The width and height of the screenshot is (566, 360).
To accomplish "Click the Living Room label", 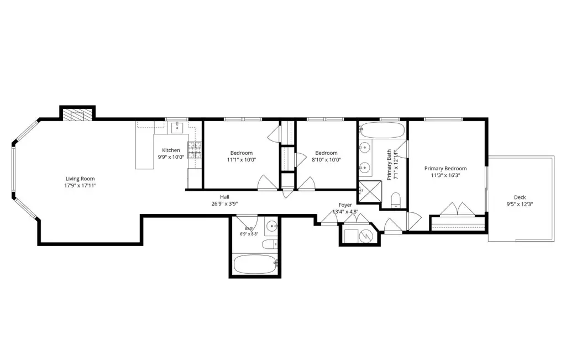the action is pos(80,179).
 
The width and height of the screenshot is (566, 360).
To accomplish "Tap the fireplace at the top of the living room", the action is pos(77,115).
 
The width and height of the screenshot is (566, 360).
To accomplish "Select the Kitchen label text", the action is pos(171,150).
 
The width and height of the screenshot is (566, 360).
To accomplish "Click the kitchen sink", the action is pos(177,127).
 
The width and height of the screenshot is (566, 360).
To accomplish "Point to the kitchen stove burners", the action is pos(194,150).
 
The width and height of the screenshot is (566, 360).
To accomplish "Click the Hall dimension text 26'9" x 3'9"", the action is pos(224,204).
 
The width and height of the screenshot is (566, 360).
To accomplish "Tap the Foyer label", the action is pos(345,205).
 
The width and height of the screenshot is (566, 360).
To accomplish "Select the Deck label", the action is pos(520,197).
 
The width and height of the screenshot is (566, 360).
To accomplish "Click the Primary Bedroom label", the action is pos(446,169).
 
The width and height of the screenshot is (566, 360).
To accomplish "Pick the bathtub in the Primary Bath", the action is pos(382,130).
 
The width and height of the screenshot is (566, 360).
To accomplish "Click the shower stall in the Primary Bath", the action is pos(369,191).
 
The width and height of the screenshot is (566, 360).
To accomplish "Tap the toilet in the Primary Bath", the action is pos(396,200).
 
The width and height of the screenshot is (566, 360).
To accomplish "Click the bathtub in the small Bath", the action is pos(255,265).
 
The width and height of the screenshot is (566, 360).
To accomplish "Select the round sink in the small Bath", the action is pos(272,226).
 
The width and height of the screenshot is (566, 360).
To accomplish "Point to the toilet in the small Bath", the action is pos(269,244).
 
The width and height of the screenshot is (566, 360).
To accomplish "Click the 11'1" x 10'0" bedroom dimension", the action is pos(242,160).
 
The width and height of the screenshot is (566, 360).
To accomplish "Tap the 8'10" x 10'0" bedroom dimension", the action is pos(326,160).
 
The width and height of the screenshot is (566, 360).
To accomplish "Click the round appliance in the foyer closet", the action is pos(366,236).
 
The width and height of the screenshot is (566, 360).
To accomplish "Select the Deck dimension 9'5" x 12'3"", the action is pos(520,204).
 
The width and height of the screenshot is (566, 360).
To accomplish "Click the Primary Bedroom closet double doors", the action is pos(457,210).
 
